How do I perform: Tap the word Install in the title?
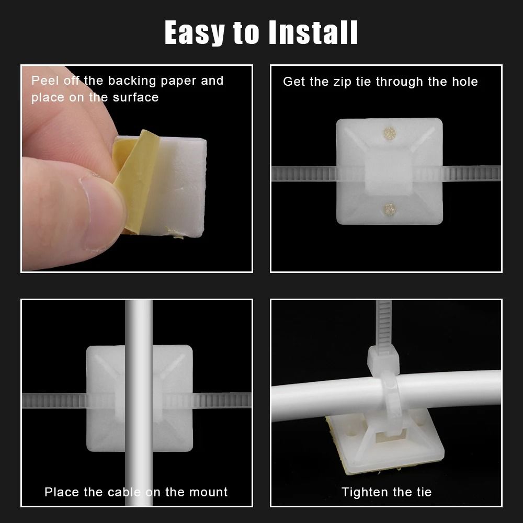(313, 32)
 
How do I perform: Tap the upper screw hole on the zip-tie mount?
(389, 133)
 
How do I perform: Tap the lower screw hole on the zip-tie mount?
(389, 209)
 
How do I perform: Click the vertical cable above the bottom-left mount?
(139, 322)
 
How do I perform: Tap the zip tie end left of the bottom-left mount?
(52, 401)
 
